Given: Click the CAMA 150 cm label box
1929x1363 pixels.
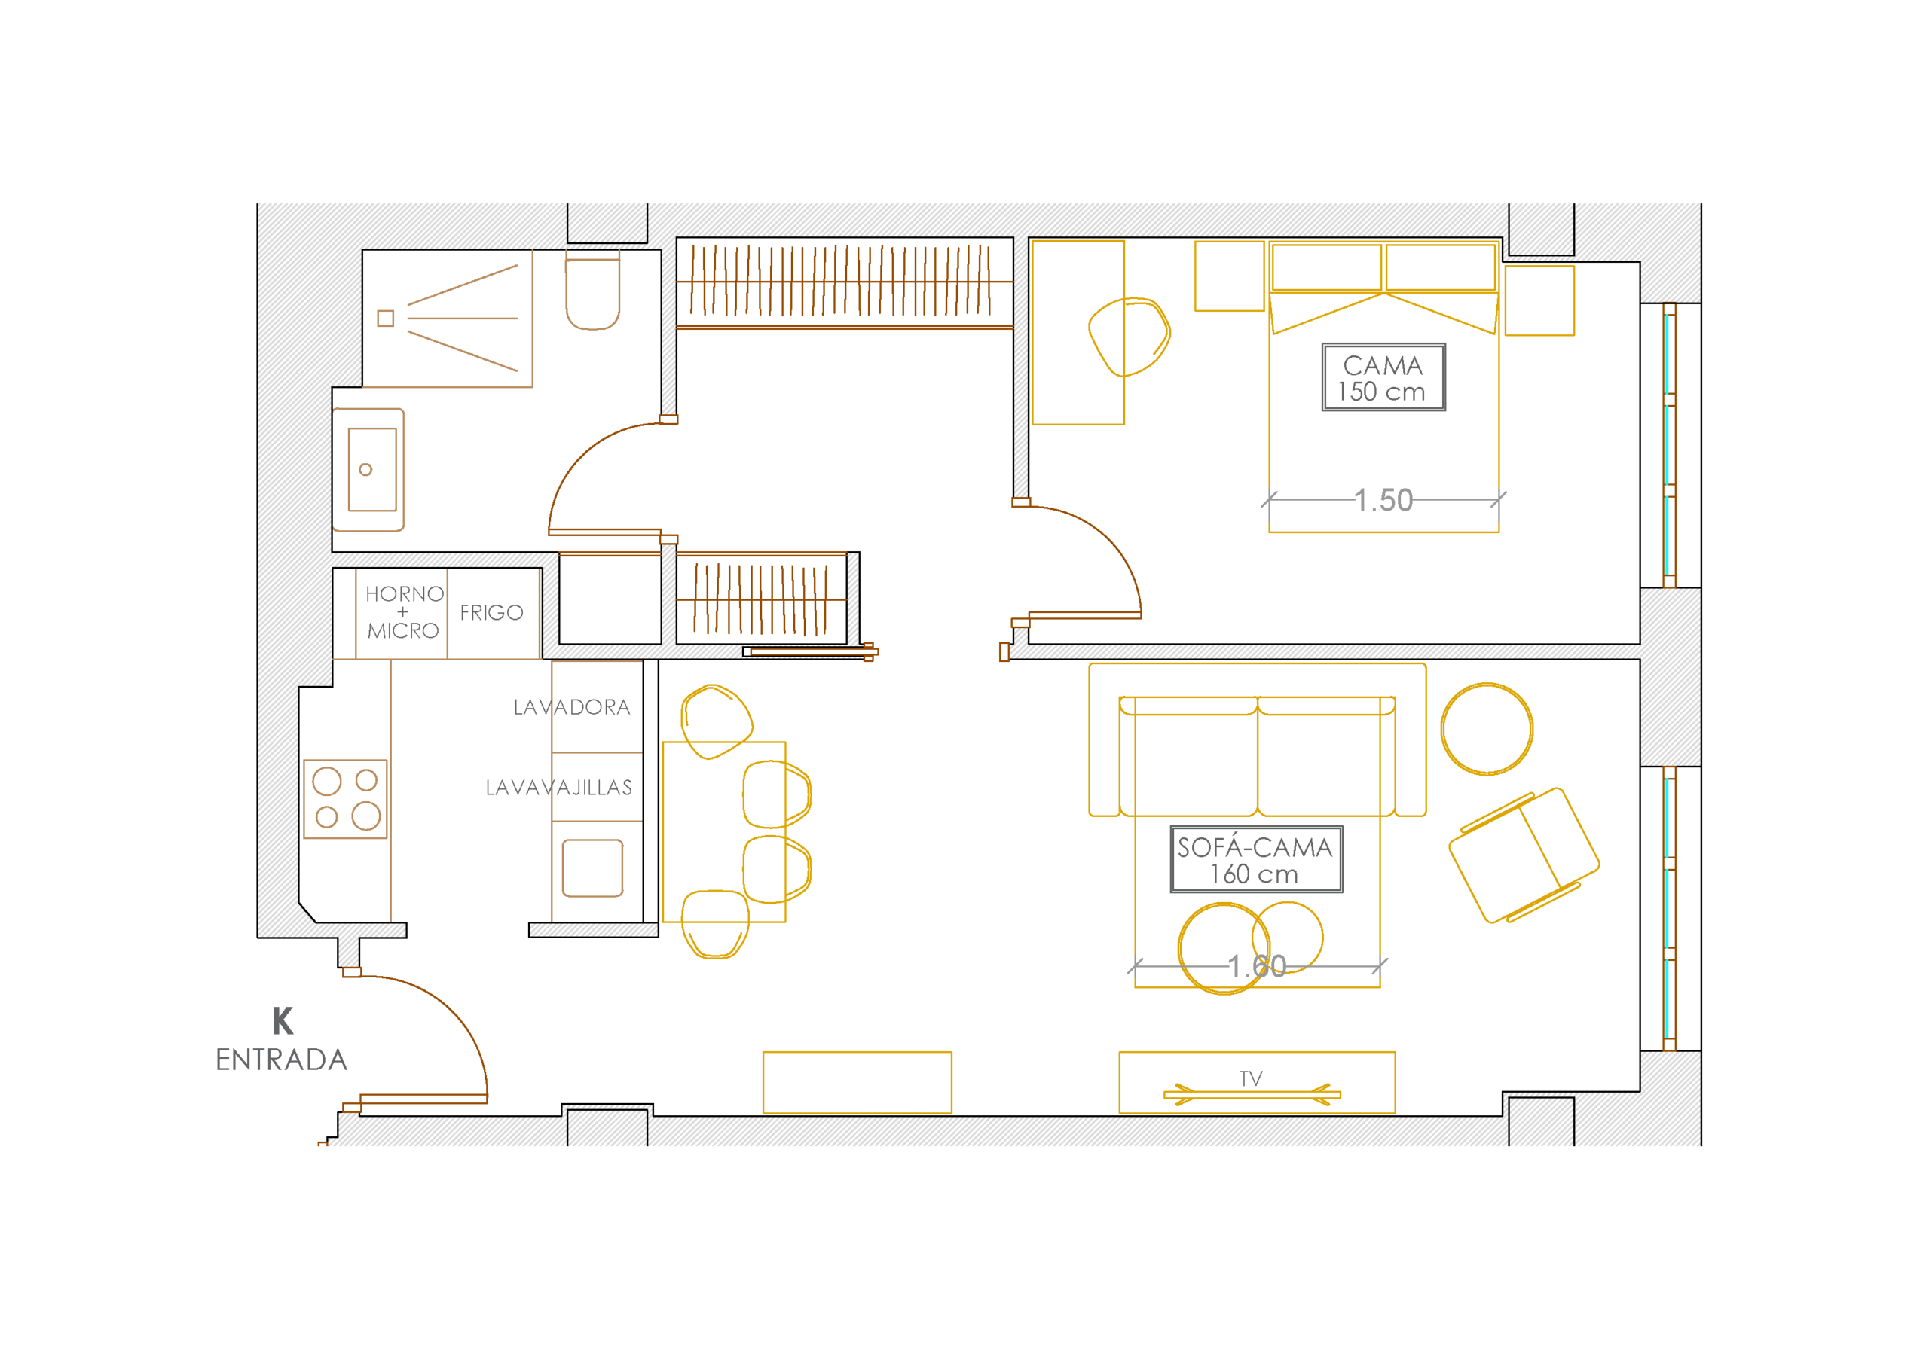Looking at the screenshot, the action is click(1383, 377).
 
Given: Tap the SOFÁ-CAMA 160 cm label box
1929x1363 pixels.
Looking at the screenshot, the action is click(1256, 859).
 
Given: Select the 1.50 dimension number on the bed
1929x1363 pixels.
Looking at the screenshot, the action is click(1383, 501).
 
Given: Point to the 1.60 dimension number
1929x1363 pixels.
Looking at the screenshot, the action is click(1257, 967).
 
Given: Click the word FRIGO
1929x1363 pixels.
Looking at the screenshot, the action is click(491, 613).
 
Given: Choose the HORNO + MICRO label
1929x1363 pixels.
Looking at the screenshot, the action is click(404, 612).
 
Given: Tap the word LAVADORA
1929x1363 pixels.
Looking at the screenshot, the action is click(572, 707).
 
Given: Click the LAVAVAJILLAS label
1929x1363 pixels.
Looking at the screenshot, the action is click(558, 788).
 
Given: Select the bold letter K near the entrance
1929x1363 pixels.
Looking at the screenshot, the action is click(283, 1021).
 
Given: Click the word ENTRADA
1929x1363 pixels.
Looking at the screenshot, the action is click(282, 1060).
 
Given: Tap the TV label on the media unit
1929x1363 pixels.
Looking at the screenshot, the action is click(1251, 1078).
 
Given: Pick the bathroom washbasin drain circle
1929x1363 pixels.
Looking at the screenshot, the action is click(365, 469).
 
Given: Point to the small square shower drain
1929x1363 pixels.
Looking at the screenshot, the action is click(386, 319).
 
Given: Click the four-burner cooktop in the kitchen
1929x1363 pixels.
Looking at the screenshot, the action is click(345, 799).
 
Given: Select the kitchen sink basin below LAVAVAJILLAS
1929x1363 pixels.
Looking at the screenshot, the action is click(592, 868).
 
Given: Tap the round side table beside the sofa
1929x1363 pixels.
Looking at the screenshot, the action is click(1487, 728).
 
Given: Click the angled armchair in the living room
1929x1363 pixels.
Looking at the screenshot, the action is click(1524, 855).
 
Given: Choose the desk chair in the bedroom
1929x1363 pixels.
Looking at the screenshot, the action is click(1130, 337).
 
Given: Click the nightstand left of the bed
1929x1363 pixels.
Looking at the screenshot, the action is click(1230, 276).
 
